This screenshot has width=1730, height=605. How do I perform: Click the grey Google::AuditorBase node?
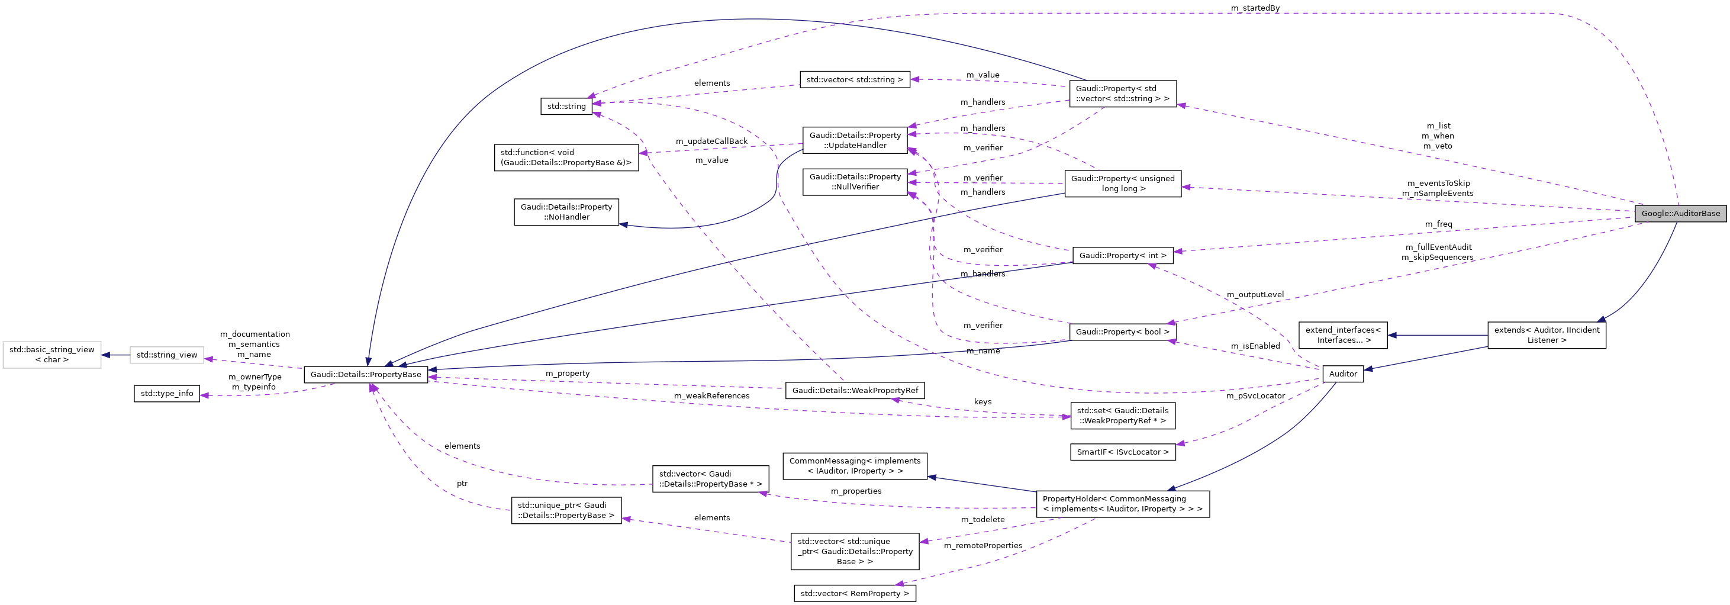[1680, 214]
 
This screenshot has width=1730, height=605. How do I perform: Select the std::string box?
[566, 106]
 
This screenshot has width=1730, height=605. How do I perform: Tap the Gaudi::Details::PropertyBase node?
[365, 375]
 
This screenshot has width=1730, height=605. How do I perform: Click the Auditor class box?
[1342, 374]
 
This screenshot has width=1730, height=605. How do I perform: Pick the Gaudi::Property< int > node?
[1122, 255]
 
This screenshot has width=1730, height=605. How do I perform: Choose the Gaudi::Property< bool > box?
[1122, 332]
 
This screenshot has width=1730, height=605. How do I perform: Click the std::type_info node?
[166, 394]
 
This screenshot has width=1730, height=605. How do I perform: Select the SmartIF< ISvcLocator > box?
[1122, 452]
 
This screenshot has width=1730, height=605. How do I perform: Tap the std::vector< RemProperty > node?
[854, 594]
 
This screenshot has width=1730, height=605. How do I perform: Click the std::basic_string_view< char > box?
[51, 355]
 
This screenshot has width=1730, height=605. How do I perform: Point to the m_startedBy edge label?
[1255, 8]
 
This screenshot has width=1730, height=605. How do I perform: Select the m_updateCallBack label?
[711, 141]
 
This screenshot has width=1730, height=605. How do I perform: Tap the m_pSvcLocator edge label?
[1255, 396]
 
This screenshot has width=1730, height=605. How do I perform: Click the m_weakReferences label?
[711, 396]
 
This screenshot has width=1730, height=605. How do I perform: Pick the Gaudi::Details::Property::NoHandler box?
[566, 212]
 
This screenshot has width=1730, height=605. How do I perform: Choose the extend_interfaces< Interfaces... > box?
[1342, 335]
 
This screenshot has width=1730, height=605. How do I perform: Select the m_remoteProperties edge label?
[982, 546]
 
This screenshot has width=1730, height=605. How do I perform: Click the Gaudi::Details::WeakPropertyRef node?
[854, 391]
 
